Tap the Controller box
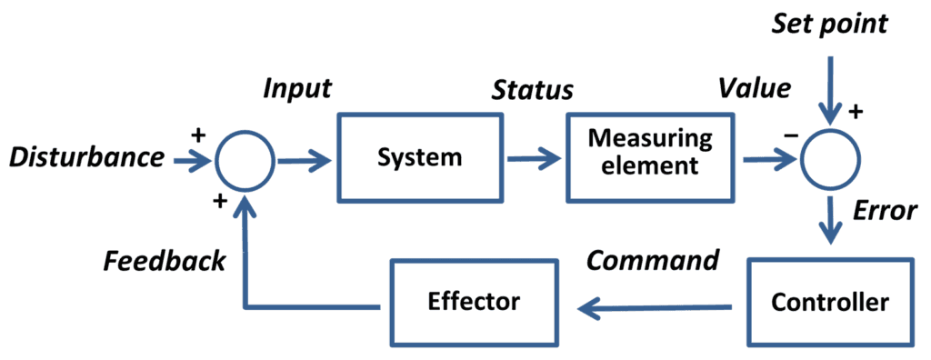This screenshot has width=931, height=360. pos(829,302)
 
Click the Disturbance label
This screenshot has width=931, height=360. pos(86,158)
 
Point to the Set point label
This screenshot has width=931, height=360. pos(829,25)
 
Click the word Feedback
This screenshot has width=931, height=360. pos(164,262)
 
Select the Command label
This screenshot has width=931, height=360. pos(653,261)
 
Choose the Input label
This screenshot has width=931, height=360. pos(297,89)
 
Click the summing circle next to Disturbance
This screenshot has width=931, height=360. pos(245,160)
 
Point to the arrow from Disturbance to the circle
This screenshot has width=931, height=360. pos(192,160)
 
